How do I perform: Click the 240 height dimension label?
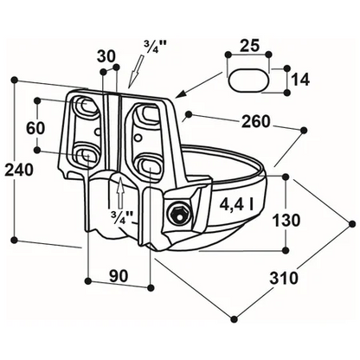(x=19, y=170)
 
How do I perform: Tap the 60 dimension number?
(x=35, y=128)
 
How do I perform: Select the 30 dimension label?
(x=106, y=56)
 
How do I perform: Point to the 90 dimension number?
(x=119, y=276)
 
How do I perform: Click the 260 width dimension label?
(x=255, y=121)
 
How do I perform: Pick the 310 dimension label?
(x=284, y=279)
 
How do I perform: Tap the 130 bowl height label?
(x=286, y=221)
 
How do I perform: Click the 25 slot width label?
(x=249, y=46)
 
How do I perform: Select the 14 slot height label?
(x=300, y=80)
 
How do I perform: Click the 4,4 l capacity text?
(x=236, y=205)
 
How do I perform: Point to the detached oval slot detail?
(x=249, y=80)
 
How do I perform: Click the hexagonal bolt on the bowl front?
(x=179, y=214)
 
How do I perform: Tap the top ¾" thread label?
(x=156, y=47)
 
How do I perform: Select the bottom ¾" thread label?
(x=123, y=215)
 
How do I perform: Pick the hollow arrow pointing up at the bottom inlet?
(x=121, y=192)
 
